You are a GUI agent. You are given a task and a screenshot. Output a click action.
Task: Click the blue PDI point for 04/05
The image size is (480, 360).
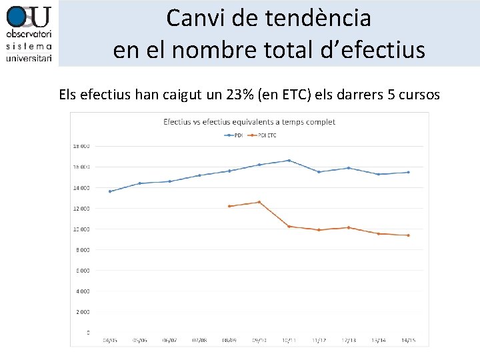110,191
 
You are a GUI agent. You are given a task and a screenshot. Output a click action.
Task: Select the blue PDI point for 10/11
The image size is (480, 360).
289,160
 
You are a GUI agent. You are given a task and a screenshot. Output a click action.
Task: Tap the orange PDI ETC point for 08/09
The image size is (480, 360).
229,206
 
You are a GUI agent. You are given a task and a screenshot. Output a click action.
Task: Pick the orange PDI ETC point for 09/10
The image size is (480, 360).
259,202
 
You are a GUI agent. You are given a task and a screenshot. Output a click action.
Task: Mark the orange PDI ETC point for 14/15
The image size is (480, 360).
408,235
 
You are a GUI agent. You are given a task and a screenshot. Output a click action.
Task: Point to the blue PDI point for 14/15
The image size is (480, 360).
408,172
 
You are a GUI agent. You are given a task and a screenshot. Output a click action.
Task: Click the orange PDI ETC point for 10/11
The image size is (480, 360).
289,227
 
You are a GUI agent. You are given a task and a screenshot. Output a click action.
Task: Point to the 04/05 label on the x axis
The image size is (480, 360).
110,340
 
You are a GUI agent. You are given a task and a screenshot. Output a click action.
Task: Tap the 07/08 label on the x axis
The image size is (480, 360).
199,340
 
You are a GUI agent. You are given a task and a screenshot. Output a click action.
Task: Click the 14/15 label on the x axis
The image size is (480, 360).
408,340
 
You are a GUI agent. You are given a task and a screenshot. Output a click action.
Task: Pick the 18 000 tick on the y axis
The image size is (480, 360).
81,146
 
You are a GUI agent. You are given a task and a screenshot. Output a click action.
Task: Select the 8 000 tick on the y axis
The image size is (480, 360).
83,249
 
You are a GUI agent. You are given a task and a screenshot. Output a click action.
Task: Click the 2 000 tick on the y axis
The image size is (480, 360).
83,311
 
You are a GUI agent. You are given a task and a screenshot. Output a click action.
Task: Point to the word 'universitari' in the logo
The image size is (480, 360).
29,59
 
